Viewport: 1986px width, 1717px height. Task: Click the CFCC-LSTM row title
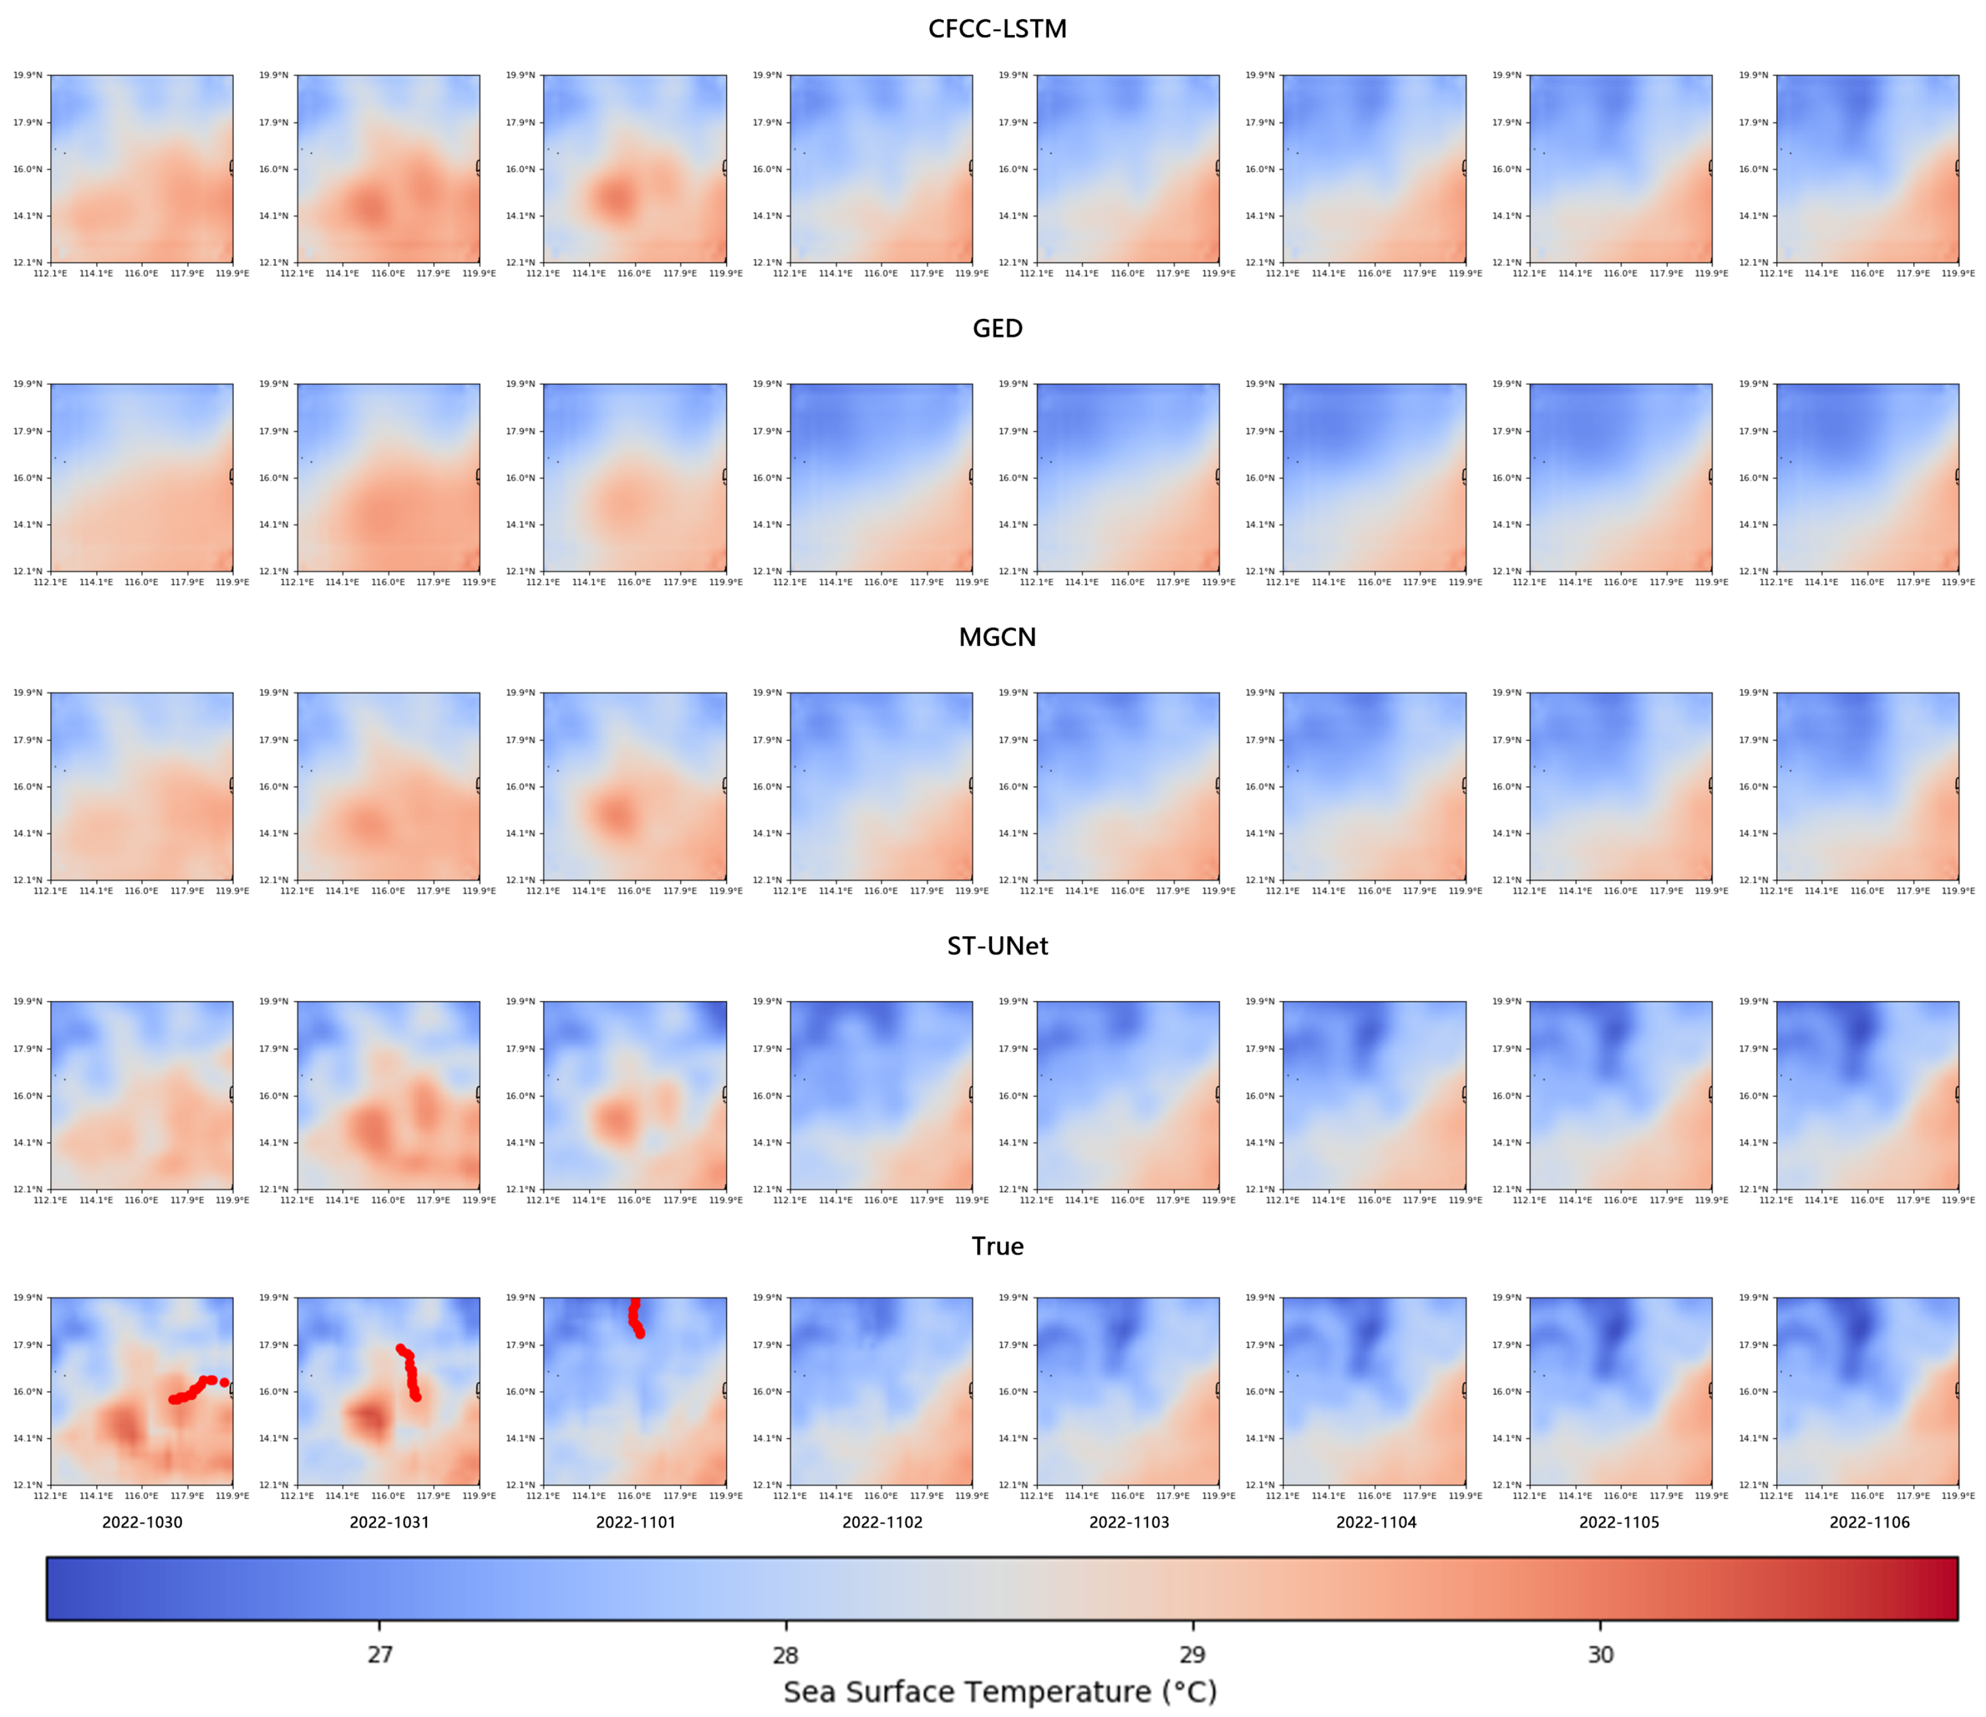(x=997, y=29)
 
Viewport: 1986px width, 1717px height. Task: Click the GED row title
(x=997, y=329)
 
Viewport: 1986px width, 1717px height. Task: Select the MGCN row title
(x=997, y=637)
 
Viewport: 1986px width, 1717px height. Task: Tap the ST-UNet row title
(x=997, y=946)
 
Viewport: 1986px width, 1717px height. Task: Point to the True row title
(x=997, y=1245)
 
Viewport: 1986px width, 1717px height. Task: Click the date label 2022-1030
(x=142, y=1521)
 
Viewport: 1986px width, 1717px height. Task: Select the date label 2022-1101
(x=635, y=1521)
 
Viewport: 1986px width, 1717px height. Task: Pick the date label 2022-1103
(x=1129, y=1521)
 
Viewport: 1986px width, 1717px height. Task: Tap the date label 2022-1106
(x=1869, y=1521)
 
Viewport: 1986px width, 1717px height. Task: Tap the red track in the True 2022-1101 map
(x=634, y=1318)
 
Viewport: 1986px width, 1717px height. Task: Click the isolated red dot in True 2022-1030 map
(x=224, y=1381)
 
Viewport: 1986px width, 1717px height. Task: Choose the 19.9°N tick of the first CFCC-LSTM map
(x=27, y=74)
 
